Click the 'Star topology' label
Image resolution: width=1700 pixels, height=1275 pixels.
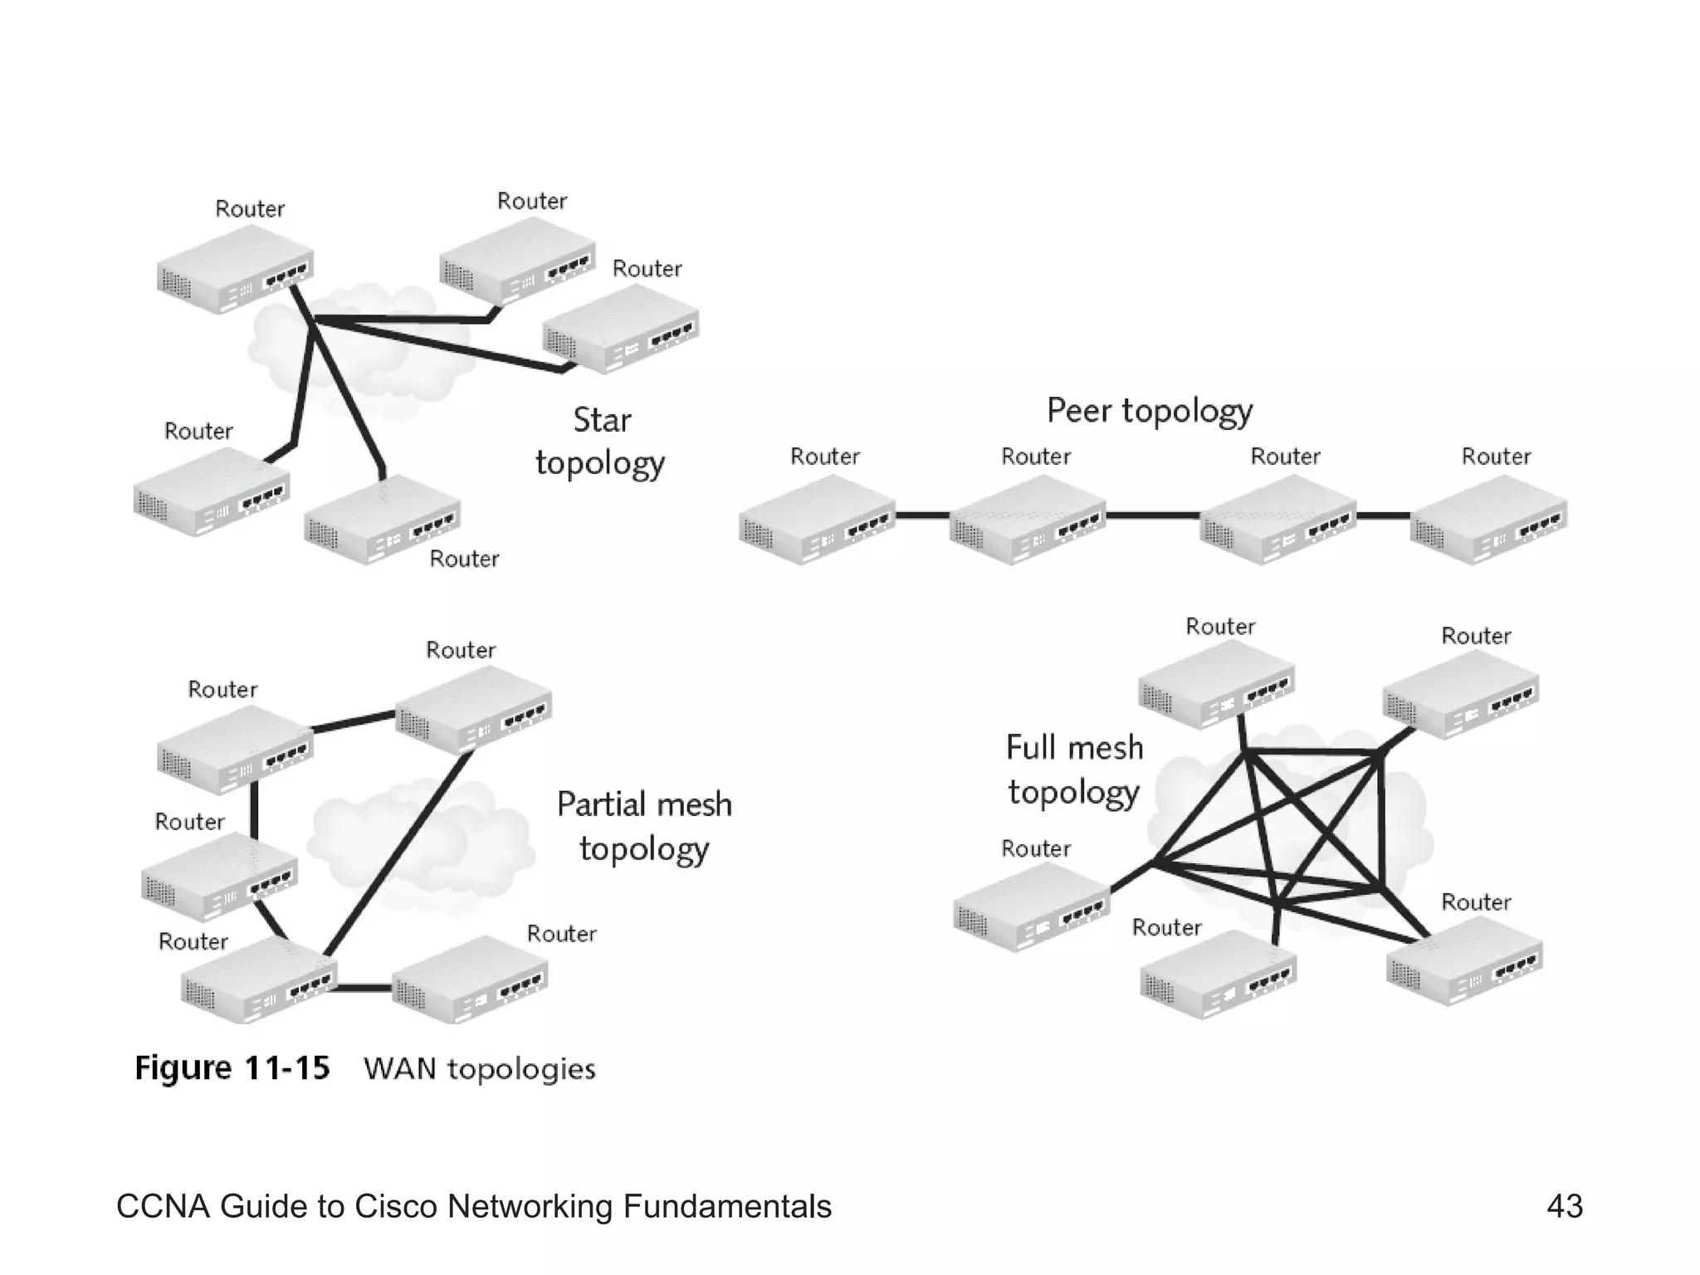pyautogui.click(x=600, y=442)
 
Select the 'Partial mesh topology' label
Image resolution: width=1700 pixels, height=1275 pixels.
pyautogui.click(x=644, y=827)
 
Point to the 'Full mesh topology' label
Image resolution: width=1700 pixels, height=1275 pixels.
pyautogui.click(x=1074, y=769)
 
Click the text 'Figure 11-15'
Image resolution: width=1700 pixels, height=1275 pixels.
pyautogui.click(x=232, y=1067)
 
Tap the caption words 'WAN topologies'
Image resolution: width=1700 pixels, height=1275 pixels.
pyautogui.click(x=480, y=1069)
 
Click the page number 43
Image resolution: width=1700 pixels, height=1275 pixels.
pyautogui.click(x=1565, y=1206)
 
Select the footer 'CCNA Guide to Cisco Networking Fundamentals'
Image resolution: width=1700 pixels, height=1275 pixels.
pyautogui.click(x=473, y=1206)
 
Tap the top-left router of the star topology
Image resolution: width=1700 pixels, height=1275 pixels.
pyautogui.click(x=235, y=269)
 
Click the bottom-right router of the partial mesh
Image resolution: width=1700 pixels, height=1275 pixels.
pyautogui.click(x=470, y=979)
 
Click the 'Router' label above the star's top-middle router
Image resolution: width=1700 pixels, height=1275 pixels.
pyautogui.click(x=531, y=201)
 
